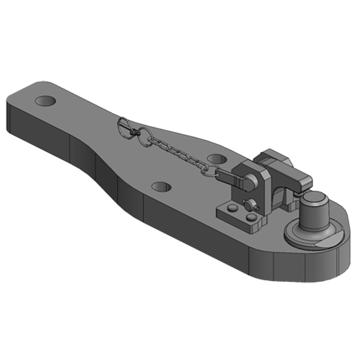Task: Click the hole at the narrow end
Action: [45, 101]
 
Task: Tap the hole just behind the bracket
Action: [217, 159]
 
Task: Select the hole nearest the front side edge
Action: [162, 186]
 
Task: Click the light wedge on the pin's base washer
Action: [325, 243]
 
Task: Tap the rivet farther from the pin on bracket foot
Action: [232, 207]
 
